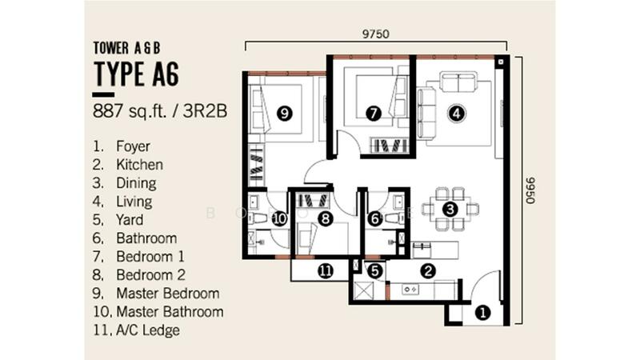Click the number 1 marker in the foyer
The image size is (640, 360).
(x=483, y=314)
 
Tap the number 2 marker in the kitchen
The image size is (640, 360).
(x=428, y=271)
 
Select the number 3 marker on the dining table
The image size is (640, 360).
(x=450, y=210)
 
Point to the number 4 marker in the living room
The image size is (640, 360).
(x=457, y=113)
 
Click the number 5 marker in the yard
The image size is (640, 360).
(x=375, y=271)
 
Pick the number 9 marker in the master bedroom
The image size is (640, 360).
(x=285, y=113)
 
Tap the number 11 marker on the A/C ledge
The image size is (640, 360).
(x=326, y=271)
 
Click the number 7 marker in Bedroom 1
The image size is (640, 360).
(x=374, y=113)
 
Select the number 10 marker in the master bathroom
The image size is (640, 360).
(x=280, y=219)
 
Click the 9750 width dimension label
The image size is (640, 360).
(x=376, y=34)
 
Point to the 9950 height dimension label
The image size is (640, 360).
(x=530, y=190)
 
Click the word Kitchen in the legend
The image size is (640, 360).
(x=139, y=165)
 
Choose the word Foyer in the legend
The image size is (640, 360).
(x=133, y=146)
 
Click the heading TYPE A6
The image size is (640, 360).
(x=136, y=74)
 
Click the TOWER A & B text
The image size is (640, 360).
(x=126, y=48)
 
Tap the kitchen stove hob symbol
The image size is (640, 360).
(x=410, y=290)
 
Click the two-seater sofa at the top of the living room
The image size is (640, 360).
(x=458, y=82)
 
